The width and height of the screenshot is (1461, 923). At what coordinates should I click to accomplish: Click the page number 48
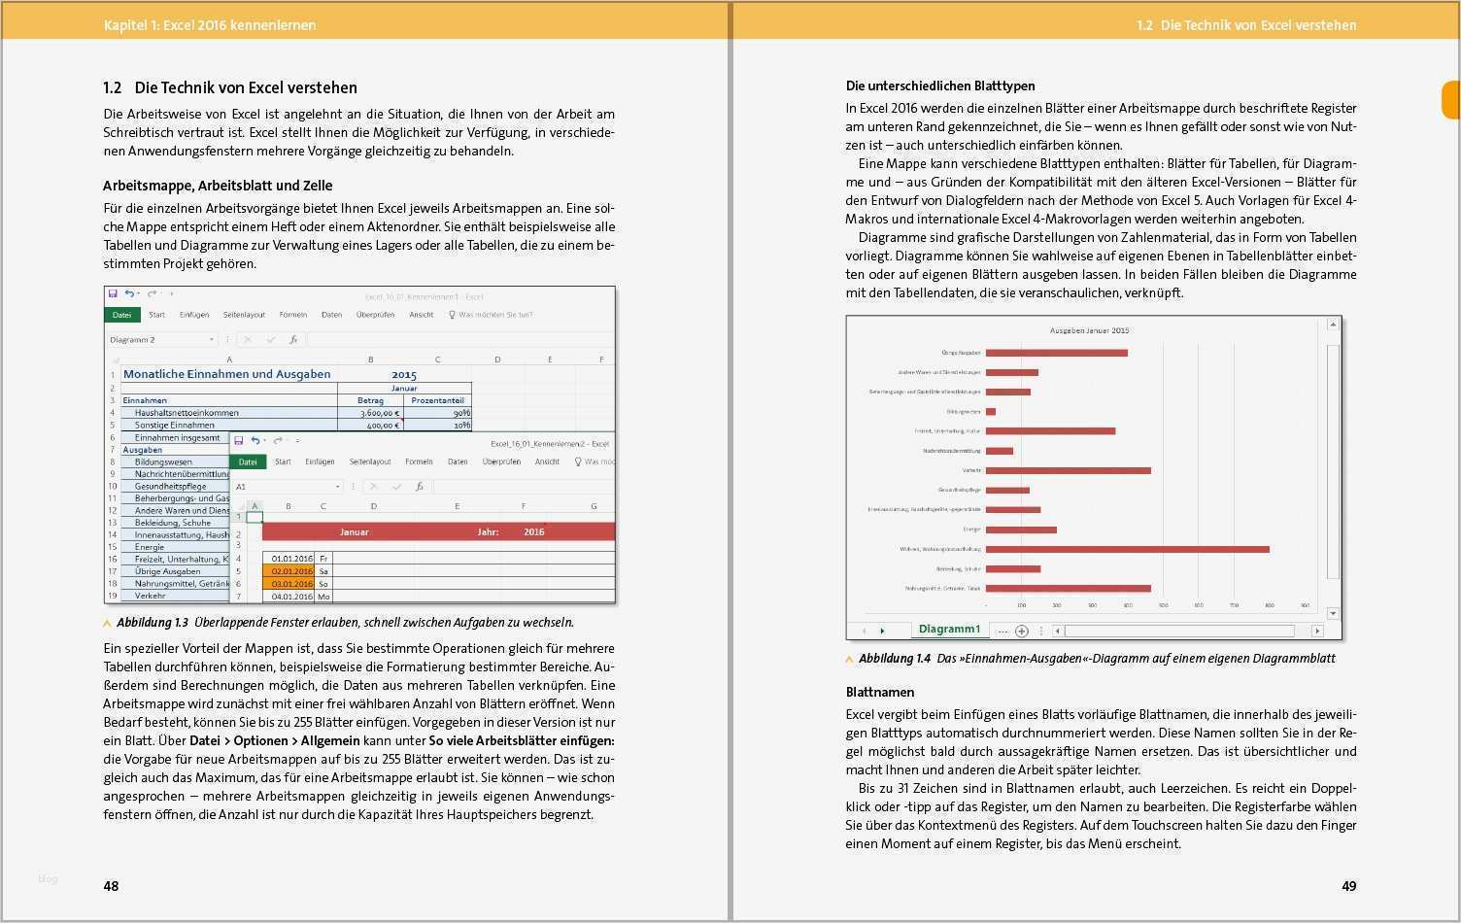click(x=111, y=886)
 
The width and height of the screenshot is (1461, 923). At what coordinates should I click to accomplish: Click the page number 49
click(x=1348, y=886)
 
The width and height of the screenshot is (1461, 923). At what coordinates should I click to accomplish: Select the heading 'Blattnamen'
click(x=879, y=693)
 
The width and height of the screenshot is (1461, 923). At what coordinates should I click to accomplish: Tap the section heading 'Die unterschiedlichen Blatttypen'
click(x=939, y=86)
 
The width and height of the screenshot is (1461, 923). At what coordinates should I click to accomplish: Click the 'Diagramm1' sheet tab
click(x=948, y=630)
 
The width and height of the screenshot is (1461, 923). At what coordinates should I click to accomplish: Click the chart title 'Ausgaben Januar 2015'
click(x=1088, y=330)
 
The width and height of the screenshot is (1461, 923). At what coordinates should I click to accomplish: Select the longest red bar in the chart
click(x=1127, y=549)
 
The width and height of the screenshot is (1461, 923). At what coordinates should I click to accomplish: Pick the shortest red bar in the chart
click(x=990, y=412)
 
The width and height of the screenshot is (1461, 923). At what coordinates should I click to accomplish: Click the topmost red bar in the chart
click(x=1056, y=353)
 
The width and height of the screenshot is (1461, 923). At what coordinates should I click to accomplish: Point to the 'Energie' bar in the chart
click(x=1021, y=530)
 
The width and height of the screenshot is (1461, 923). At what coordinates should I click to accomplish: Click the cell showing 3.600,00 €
click(x=370, y=413)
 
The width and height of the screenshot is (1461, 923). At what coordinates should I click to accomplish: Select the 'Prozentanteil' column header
click(x=437, y=400)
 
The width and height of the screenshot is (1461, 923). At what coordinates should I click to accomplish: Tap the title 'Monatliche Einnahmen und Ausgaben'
click(x=226, y=374)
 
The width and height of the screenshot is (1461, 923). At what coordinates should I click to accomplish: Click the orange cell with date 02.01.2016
click(x=289, y=571)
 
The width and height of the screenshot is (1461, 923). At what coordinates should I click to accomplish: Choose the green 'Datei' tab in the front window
click(x=248, y=462)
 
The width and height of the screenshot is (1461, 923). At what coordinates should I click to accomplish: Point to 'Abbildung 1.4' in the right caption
click(x=894, y=659)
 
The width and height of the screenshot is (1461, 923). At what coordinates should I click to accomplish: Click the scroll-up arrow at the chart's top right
click(x=1333, y=325)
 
